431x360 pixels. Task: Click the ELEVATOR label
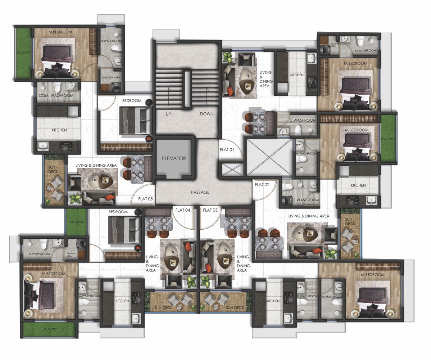[174, 158]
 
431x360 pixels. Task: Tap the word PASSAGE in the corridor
[200, 192]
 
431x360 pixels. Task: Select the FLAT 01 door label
[227, 150]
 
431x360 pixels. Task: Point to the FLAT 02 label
[262, 185]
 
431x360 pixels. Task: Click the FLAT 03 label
[210, 210]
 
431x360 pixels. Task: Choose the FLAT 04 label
[183, 210]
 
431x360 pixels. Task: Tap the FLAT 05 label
[145, 199]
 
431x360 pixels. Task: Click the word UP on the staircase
[168, 114]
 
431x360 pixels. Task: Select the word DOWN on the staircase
[207, 114]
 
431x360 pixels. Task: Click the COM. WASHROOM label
[56, 95]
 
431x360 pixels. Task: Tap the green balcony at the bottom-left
[50, 329]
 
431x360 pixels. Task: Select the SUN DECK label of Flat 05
[53, 170]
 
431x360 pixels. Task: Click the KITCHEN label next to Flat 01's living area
[297, 75]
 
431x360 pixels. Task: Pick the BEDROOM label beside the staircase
[132, 101]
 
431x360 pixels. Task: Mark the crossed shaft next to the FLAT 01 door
[269, 157]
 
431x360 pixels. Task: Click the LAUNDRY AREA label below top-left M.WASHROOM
[111, 77]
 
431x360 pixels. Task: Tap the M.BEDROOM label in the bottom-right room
[373, 274]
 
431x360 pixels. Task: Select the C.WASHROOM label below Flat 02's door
[306, 200]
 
